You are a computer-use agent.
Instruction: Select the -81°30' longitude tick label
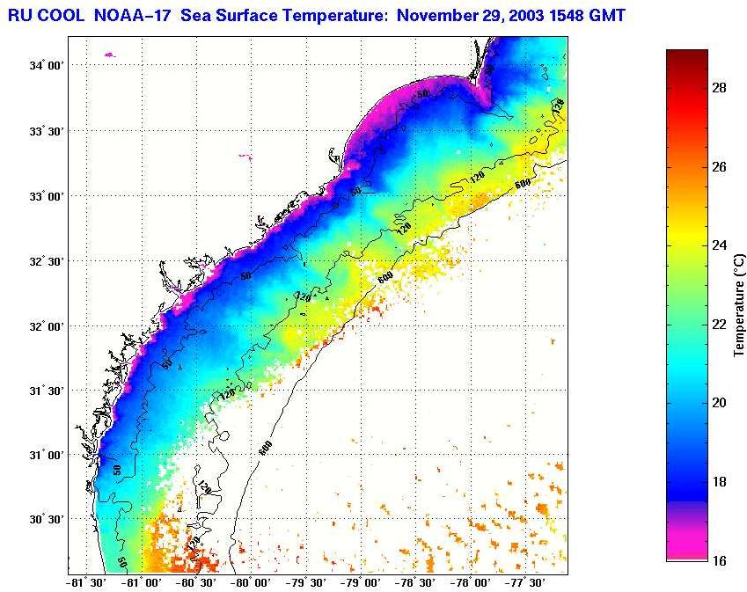pos(86,582)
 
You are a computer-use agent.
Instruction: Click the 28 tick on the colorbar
pos(718,89)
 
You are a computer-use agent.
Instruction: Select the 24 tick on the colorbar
pos(718,245)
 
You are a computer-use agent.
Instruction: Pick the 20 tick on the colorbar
pos(718,403)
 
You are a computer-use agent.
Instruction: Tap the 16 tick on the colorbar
pos(718,559)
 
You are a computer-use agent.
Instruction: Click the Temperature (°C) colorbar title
pos(739,305)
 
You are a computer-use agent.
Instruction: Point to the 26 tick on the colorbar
pos(718,167)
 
